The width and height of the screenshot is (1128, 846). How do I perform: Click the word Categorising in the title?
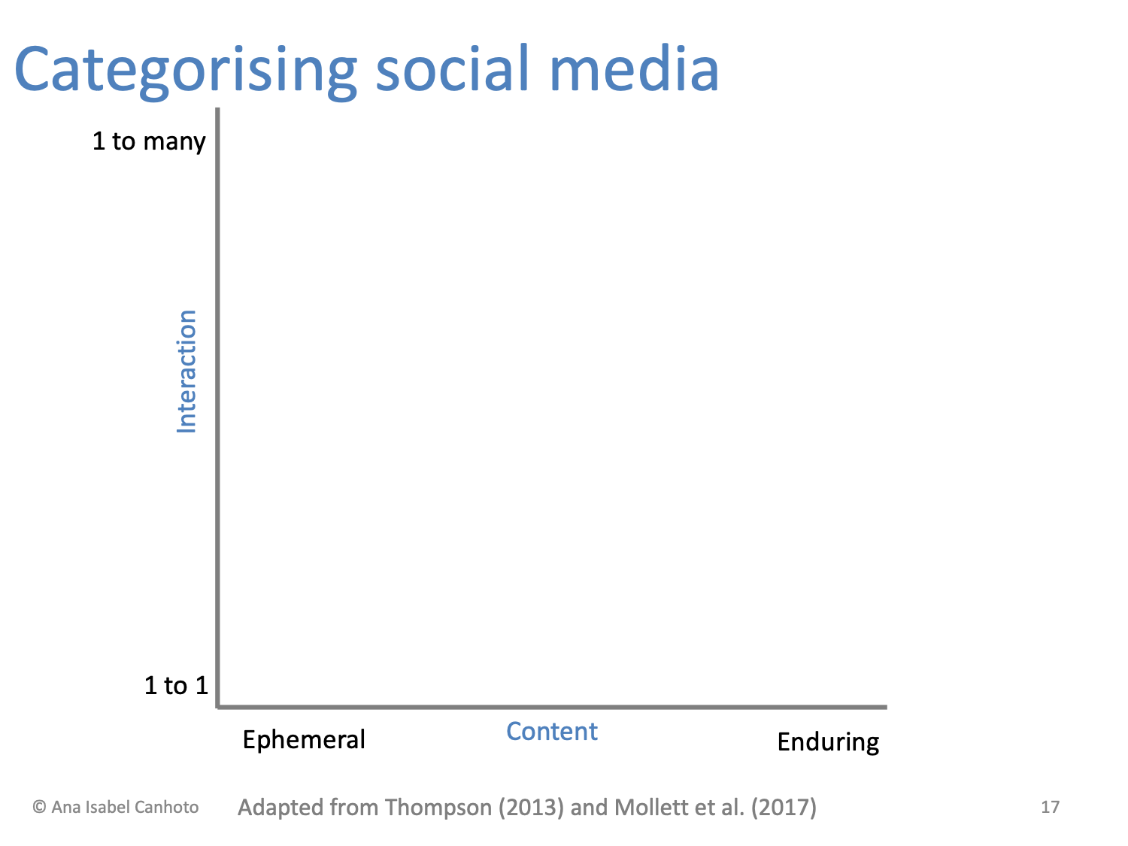click(185, 71)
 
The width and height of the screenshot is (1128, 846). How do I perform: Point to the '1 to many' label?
click(149, 141)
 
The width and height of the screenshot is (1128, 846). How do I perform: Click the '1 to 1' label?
click(176, 685)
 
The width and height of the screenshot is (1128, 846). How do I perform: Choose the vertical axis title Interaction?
click(186, 371)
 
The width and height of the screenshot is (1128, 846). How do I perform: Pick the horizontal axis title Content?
click(552, 731)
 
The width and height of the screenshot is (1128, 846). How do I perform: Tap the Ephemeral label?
click(304, 740)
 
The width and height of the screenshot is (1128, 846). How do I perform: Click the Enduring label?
click(828, 742)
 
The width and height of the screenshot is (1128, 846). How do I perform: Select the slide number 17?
click(1050, 808)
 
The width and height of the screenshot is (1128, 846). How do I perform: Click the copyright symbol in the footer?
click(39, 808)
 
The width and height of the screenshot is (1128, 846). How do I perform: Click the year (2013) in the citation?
click(531, 808)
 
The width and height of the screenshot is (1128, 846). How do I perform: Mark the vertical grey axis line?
click(218, 406)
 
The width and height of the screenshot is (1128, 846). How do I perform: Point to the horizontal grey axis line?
click(553, 707)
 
